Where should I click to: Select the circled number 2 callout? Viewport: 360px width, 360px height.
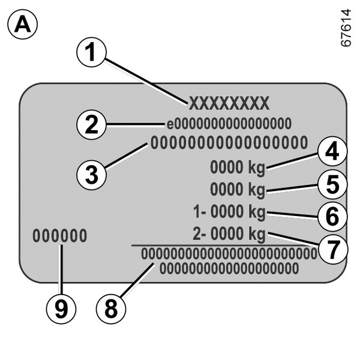(91, 125)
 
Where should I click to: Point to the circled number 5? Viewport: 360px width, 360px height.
(333, 184)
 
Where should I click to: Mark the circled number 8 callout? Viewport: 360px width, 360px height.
(112, 308)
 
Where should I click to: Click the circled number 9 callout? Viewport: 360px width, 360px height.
(61, 308)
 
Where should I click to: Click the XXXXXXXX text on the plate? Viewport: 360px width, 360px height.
(230, 104)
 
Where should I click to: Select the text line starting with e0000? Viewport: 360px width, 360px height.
(229, 124)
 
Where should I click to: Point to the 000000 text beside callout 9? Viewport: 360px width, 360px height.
(59, 236)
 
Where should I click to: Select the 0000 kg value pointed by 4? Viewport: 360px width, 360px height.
(238, 167)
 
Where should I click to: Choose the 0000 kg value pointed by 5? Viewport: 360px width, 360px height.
(238, 190)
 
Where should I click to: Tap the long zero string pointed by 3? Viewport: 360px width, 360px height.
(229, 143)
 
